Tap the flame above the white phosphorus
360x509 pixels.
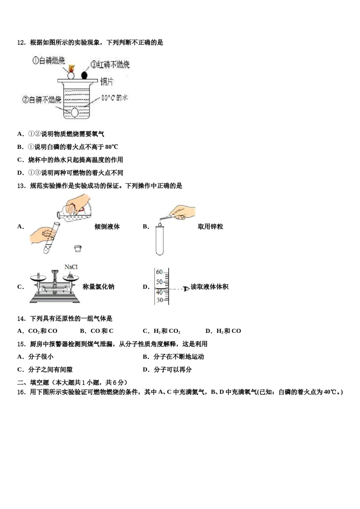(71, 69)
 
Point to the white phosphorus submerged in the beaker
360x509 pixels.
(75, 112)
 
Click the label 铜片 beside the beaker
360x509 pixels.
(106, 81)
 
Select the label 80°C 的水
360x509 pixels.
(114, 98)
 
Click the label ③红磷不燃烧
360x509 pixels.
(110, 64)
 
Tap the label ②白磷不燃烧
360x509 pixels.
(42, 100)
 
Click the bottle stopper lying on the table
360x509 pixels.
(78, 248)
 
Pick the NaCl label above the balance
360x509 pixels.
(71, 267)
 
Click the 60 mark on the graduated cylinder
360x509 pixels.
(159, 272)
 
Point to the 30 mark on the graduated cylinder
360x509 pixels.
(160, 300)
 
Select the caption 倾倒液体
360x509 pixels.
(107, 226)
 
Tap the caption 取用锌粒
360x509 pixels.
(210, 226)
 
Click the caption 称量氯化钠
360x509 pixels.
(98, 287)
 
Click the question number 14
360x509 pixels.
(21, 319)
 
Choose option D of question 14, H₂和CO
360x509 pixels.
(223, 331)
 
